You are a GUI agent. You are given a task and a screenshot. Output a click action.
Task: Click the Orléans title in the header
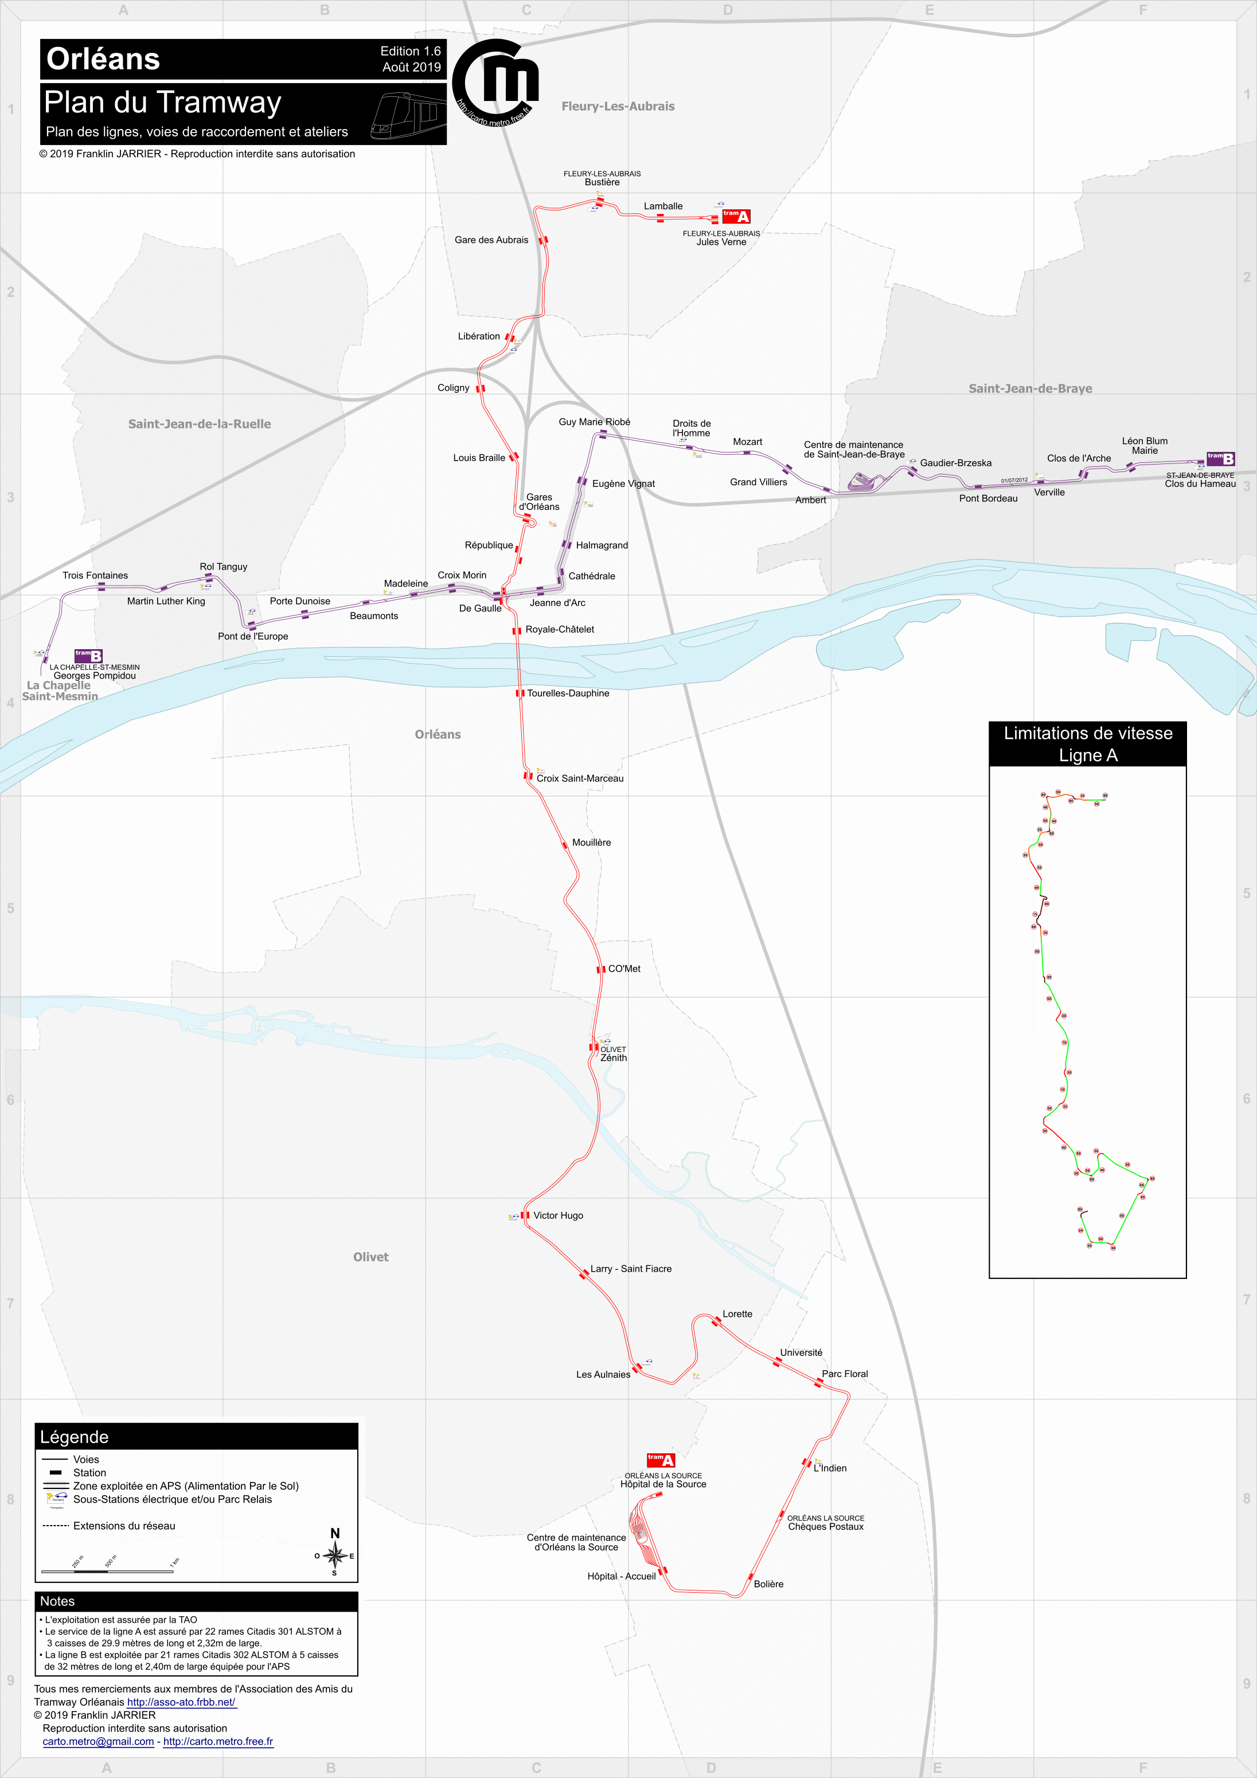pyautogui.click(x=103, y=59)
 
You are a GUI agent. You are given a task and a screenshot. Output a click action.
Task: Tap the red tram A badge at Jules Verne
pyautogui.click(x=736, y=216)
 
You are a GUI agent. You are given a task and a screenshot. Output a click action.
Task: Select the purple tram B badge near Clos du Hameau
pyautogui.click(x=1221, y=458)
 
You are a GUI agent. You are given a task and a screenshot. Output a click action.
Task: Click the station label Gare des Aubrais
pyautogui.click(x=491, y=240)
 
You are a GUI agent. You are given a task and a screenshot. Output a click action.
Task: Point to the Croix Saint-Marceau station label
pyautogui.click(x=579, y=778)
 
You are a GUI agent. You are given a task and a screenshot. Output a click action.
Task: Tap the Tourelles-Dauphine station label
pyautogui.click(x=568, y=693)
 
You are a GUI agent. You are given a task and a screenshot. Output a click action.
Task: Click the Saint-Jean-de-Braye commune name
pyautogui.click(x=1030, y=389)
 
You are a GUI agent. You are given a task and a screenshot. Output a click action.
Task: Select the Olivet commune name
pyautogui.click(x=370, y=1257)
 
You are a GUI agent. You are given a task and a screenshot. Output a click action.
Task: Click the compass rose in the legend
pyautogui.click(x=334, y=1554)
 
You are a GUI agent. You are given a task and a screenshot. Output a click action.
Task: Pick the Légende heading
pyautogui.click(x=75, y=1437)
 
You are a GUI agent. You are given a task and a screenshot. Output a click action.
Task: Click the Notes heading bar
pyautogui.click(x=196, y=1601)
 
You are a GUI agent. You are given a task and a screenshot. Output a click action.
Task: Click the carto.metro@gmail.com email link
pyautogui.click(x=99, y=1742)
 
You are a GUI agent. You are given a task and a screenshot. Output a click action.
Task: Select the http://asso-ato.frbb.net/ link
pyautogui.click(x=181, y=1702)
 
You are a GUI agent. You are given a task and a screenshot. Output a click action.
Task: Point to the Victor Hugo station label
pyautogui.click(x=557, y=1216)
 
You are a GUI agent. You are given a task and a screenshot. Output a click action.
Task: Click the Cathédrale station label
pyautogui.click(x=592, y=576)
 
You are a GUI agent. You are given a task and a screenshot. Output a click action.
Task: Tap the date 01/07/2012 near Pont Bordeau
pyautogui.click(x=1014, y=480)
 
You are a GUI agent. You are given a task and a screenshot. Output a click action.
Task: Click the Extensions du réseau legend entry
pyautogui.click(x=124, y=1526)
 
